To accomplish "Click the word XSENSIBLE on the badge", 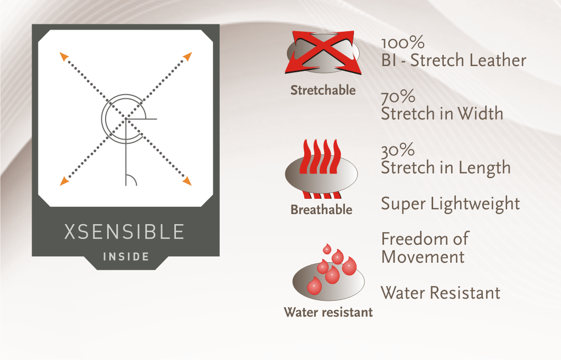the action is tap(124, 232).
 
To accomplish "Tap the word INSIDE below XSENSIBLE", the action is tap(126, 257).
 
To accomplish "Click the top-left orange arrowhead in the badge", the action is tap(64, 56).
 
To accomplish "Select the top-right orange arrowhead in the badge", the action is tap(188, 56).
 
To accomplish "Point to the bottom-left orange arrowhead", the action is tap(64, 181).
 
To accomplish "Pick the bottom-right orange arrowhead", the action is tap(187, 181).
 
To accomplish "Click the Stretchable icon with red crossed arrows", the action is tap(323, 53).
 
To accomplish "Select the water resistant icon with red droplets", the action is tap(329, 272).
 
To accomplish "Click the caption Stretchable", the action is tap(323, 90).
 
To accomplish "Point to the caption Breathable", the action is tap(321, 209).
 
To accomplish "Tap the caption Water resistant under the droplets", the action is tap(328, 312).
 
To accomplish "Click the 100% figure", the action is tap(403, 43).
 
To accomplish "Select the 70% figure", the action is tap(398, 97).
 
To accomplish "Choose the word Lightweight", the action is tap(475, 204).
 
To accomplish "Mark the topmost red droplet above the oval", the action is tap(327, 249).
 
